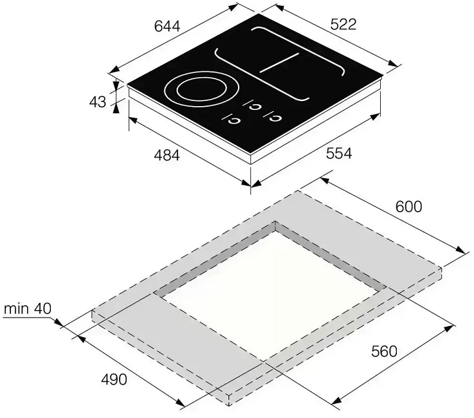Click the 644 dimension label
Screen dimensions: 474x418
(x=167, y=26)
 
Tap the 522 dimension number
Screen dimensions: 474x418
(x=343, y=24)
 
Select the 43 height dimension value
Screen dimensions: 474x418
(x=98, y=102)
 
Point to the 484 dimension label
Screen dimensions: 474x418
(x=167, y=156)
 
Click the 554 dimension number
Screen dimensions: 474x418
(x=339, y=154)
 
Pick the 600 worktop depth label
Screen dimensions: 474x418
(x=408, y=206)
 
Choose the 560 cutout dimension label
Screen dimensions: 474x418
(x=384, y=351)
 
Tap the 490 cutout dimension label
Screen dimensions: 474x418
(x=114, y=379)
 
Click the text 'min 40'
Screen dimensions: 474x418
(x=28, y=309)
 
